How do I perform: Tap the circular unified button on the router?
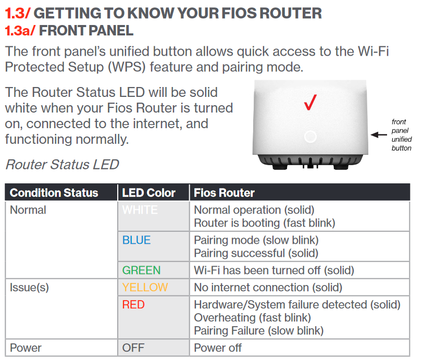tap(310, 137)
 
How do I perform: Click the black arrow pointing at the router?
tap(378, 135)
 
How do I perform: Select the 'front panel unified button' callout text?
tap(402, 135)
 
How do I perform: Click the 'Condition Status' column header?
tap(54, 193)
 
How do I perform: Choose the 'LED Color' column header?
tap(148, 193)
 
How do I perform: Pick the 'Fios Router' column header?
tap(224, 193)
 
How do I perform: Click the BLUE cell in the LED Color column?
tap(136, 240)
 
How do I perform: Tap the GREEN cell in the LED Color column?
tap(141, 270)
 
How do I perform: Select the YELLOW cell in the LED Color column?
tap(145, 287)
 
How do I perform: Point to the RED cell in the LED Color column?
tap(133, 305)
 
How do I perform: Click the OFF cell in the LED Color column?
tap(133, 347)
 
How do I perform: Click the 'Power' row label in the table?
tap(26, 347)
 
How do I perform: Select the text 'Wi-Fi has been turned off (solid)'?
tap(273, 270)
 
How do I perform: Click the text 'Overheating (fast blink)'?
tap(252, 317)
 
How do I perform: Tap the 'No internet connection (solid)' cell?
tap(268, 287)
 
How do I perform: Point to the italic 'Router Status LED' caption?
tap(62, 165)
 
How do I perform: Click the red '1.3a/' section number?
tap(20, 30)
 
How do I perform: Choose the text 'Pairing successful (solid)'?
tap(256, 253)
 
